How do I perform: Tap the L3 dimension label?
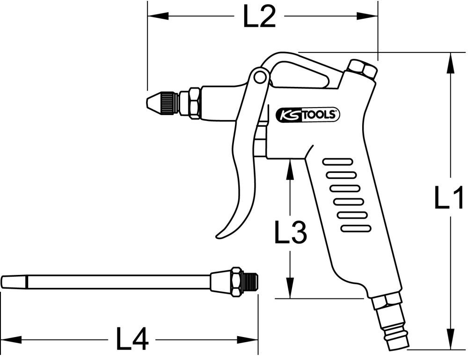pos(290,232)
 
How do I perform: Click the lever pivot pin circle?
pos(259,78)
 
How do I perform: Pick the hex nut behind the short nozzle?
pos(193,103)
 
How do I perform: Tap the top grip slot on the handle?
pos(338,162)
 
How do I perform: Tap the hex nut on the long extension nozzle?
pos(238,282)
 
